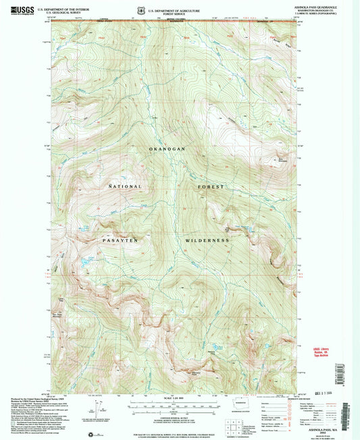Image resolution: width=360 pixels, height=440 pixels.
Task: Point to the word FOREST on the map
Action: pos(211,186)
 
